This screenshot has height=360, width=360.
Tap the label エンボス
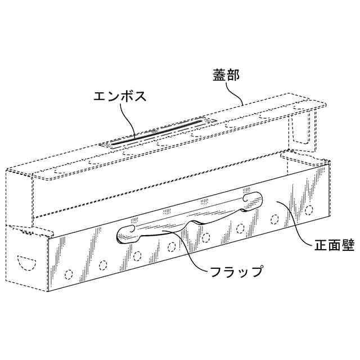click(x=119, y=96)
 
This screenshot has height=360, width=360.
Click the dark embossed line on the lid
click(x=157, y=133)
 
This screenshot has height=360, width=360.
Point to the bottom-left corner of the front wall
click(x=49, y=291)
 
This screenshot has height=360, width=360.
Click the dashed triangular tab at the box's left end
click(x=25, y=231)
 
